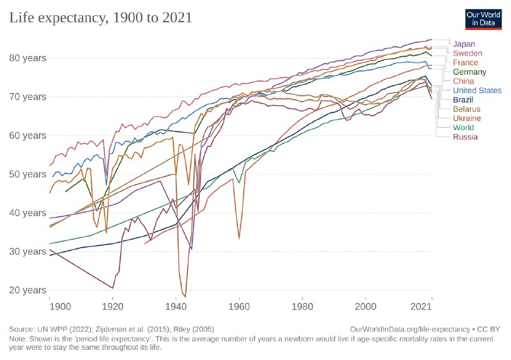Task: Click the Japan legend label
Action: (x=464, y=44)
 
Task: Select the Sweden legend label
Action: (x=467, y=54)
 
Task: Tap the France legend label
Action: (x=466, y=63)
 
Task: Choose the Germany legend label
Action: (x=469, y=72)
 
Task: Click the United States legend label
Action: (x=477, y=91)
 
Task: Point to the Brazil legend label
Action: (x=464, y=100)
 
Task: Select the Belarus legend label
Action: (x=467, y=109)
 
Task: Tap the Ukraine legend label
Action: (x=467, y=118)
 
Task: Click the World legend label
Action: (x=464, y=128)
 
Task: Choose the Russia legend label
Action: (x=465, y=137)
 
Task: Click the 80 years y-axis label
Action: (x=27, y=58)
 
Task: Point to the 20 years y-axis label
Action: (x=27, y=290)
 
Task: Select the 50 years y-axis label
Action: (x=27, y=174)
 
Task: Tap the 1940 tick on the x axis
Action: (x=176, y=307)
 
